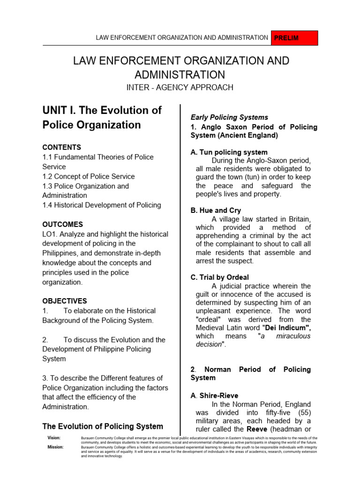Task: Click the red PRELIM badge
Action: (294, 38)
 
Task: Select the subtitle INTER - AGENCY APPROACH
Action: (180, 88)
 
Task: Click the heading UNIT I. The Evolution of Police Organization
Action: (102, 118)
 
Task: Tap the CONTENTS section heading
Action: (62, 147)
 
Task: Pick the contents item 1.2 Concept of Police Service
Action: (89, 176)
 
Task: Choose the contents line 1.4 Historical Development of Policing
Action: (102, 205)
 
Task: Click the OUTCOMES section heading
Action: (63, 225)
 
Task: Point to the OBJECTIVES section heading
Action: (65, 301)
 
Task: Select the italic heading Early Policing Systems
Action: (229, 117)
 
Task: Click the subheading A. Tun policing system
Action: (229, 152)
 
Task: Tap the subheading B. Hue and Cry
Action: (216, 210)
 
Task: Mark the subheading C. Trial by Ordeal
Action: (220, 277)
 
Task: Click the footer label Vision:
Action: (54, 437)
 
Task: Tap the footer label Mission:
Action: (55, 447)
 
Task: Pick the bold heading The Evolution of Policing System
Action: (103, 426)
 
